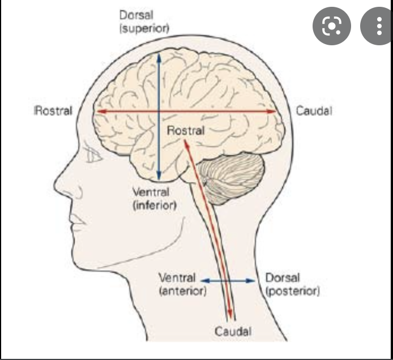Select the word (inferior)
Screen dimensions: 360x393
[x=154, y=204]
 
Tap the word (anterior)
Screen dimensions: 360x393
[x=183, y=292]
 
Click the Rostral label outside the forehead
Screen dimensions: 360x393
[x=54, y=111]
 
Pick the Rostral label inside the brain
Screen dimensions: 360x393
[x=185, y=131]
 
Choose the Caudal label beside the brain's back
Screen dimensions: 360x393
[x=314, y=111]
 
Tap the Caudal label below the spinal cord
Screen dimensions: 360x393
[x=233, y=331]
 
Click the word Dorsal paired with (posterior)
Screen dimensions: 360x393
[x=283, y=278]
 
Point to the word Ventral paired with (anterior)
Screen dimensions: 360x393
[x=177, y=278]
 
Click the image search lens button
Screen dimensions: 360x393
[x=332, y=26]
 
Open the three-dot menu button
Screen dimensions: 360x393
[x=378, y=26]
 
